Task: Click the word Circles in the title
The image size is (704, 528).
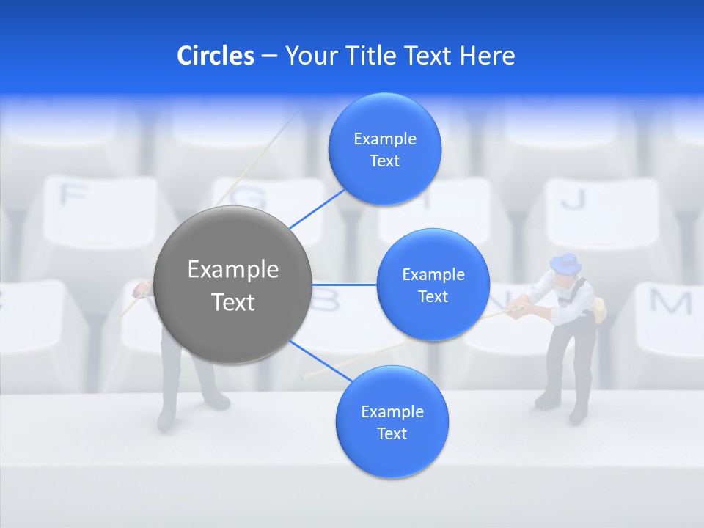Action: point(216,56)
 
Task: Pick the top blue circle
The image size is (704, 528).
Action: point(385,150)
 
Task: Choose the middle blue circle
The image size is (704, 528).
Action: point(433,285)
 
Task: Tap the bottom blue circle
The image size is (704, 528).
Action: point(392,422)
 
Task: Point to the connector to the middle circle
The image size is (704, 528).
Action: point(345,284)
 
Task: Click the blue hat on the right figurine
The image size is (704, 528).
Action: point(565,263)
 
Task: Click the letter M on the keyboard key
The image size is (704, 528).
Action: point(671,301)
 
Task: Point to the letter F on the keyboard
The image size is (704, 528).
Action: point(73,195)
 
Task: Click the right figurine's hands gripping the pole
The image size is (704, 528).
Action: point(518,310)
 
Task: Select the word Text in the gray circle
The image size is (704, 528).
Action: point(233,302)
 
